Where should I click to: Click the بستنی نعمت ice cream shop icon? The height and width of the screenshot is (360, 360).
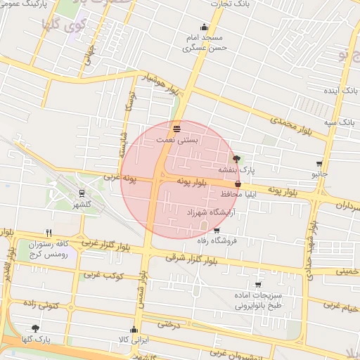[176, 129]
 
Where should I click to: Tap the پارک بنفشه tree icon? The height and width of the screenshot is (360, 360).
[236, 159]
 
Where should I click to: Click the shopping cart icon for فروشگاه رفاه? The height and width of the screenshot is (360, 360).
[216, 231]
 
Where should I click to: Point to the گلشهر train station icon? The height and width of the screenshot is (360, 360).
[82, 193]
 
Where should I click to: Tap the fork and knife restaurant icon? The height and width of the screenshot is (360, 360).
[49, 233]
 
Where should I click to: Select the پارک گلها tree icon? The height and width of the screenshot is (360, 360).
[35, 328]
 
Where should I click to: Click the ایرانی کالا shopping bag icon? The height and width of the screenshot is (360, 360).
[134, 329]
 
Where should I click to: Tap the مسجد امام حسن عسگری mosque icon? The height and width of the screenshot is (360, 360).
[204, 27]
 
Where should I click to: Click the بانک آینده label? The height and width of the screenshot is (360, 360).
[338, 91]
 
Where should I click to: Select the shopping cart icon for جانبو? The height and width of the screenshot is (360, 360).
[320, 164]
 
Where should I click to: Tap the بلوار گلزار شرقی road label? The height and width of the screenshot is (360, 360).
[193, 259]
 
